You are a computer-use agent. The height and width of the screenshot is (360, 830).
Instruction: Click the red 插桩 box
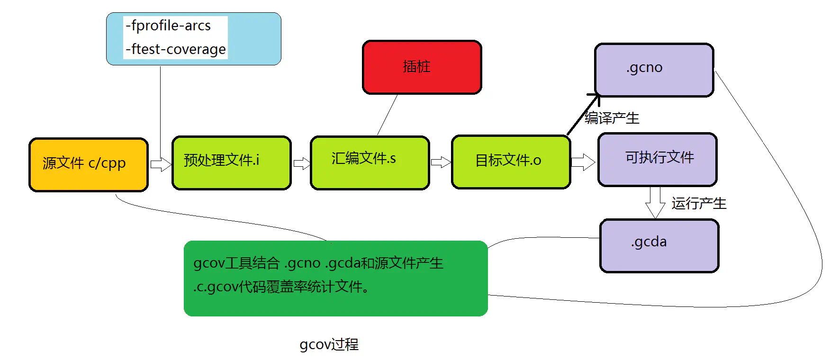click(422, 67)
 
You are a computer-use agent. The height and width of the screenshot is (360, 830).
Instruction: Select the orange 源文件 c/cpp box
click(89, 164)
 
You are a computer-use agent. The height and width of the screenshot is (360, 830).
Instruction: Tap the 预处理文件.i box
click(231, 162)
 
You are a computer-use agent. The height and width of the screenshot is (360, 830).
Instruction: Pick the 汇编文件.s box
click(370, 162)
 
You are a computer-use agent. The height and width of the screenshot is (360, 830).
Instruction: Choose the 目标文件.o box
click(511, 162)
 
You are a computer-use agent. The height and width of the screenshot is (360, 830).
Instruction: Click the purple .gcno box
click(654, 70)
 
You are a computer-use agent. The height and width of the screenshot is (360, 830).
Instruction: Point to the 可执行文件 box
click(657, 159)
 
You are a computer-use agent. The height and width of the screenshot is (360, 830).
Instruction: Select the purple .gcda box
click(659, 245)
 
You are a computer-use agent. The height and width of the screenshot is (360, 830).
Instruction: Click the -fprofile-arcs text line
click(168, 26)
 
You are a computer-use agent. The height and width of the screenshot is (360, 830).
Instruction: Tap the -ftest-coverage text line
click(176, 49)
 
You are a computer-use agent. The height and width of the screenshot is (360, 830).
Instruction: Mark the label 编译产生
click(612, 118)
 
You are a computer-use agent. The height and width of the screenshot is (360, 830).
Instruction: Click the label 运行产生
click(699, 204)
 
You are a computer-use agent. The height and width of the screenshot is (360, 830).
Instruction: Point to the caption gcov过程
click(329, 344)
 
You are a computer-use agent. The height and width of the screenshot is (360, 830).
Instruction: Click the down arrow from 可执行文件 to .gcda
click(655, 202)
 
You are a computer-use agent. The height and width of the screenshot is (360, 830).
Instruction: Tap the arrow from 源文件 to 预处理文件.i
click(161, 164)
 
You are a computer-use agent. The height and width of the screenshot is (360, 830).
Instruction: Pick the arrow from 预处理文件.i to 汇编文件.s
click(301, 164)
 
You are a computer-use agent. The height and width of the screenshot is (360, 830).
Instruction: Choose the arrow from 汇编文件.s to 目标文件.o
click(441, 162)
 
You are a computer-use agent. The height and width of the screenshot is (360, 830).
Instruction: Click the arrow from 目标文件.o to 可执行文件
click(583, 162)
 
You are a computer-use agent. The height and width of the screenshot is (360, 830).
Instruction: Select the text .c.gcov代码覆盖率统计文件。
click(281, 287)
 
